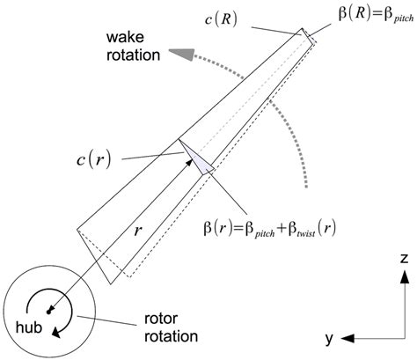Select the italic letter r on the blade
[138, 232]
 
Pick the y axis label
[326, 338]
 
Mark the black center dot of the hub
[50, 309]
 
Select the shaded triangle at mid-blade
[198, 160]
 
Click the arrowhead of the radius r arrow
[187, 151]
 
